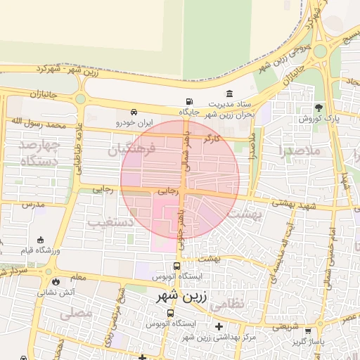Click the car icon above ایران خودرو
coord(134,112)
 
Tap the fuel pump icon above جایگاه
coord(188,101)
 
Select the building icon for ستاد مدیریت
coord(230,94)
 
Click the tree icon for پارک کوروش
coord(319,108)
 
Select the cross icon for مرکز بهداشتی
coord(219,326)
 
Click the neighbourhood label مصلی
coord(77,314)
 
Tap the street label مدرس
coord(33,204)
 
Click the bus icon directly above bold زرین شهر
coord(176,266)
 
